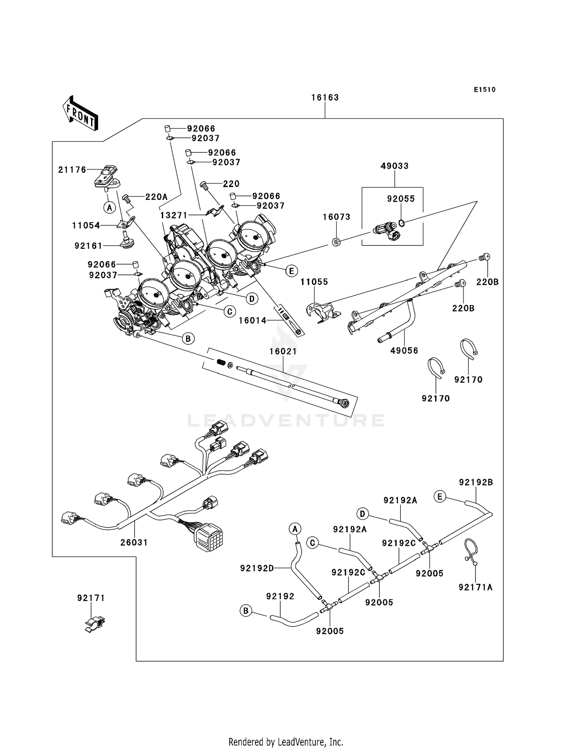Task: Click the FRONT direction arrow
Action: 80,113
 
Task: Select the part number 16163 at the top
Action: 325,97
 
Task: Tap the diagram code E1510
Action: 485,90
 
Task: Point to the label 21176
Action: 72,170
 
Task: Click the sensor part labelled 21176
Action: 106,177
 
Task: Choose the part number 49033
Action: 394,166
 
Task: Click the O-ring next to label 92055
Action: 402,223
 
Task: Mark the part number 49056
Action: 404,350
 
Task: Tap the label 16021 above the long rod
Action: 283,351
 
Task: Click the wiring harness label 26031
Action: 134,542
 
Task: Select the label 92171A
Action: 476,588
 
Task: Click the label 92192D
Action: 257,568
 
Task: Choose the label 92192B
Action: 476,483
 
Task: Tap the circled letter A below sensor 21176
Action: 109,208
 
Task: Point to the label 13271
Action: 174,215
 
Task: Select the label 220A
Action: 156,197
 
